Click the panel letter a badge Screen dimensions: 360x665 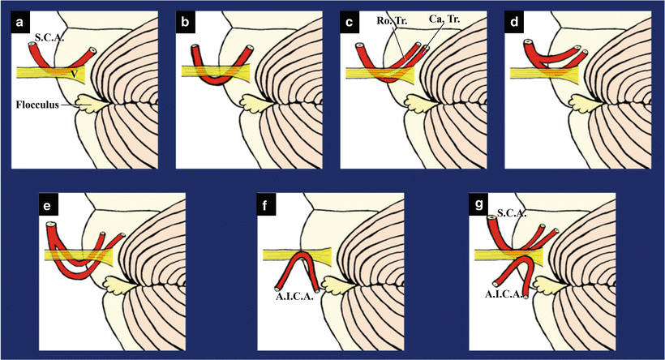click(23, 24)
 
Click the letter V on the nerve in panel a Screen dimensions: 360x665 click(74, 74)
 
